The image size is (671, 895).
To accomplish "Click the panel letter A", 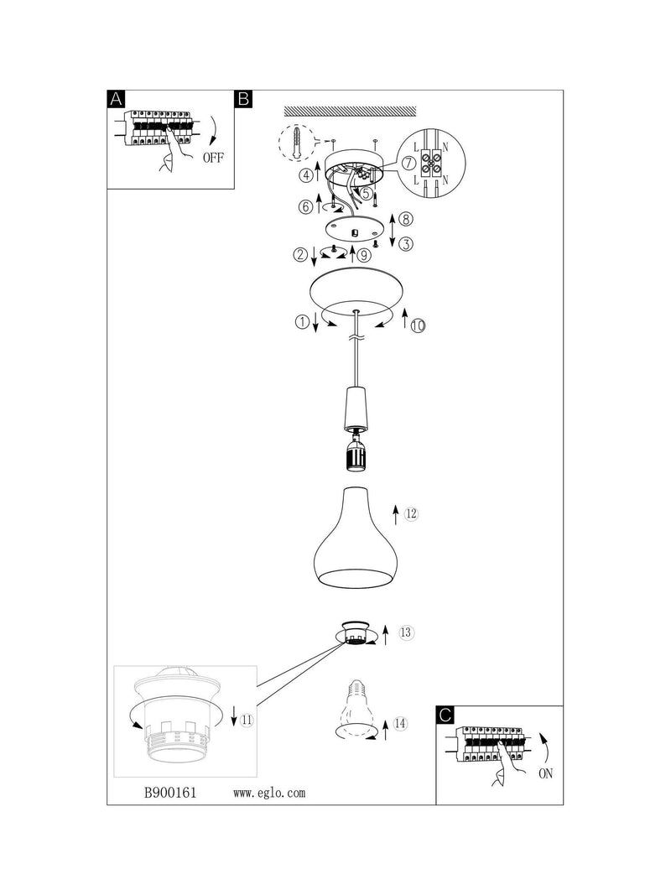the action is (x=116, y=99).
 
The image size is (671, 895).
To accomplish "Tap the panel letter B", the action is (x=243, y=99).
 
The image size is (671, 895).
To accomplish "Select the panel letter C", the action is (x=445, y=715).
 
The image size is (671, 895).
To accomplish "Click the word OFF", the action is (x=213, y=158).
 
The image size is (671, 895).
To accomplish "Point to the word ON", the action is (x=545, y=774).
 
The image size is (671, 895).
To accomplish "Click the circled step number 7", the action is (x=408, y=163).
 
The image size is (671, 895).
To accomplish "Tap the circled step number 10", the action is (x=419, y=326).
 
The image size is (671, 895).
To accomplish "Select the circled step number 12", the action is (x=411, y=513).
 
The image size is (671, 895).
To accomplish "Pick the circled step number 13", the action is (x=406, y=632).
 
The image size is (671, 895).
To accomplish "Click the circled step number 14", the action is (x=401, y=724).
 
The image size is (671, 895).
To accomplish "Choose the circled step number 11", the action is (x=247, y=721).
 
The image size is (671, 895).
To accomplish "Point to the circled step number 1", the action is (x=302, y=322).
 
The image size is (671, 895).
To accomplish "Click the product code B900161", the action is (x=170, y=793).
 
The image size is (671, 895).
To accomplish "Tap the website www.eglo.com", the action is (x=269, y=793).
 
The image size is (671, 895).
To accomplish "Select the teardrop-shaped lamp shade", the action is (x=356, y=537).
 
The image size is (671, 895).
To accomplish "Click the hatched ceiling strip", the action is (x=351, y=112).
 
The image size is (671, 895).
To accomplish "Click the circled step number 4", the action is (x=307, y=175).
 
